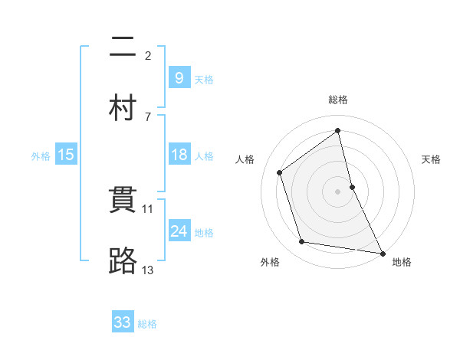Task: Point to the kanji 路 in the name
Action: [x=123, y=260]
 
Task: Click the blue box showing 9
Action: [x=179, y=77]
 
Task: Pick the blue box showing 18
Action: [x=179, y=155]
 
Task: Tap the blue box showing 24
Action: [x=179, y=231]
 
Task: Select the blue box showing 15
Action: [x=66, y=155]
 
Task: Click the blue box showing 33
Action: [x=123, y=322]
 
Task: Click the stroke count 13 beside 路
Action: [x=148, y=270]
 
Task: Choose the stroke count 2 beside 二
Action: [x=148, y=55]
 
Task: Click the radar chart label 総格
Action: [x=338, y=100]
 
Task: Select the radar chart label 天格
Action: [x=432, y=159]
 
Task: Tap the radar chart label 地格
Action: [x=402, y=262]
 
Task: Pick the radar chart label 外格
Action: [x=269, y=262]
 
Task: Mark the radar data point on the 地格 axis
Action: [x=382, y=252]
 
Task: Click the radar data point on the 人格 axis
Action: [x=280, y=172]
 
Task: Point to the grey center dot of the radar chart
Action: [x=338, y=191]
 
